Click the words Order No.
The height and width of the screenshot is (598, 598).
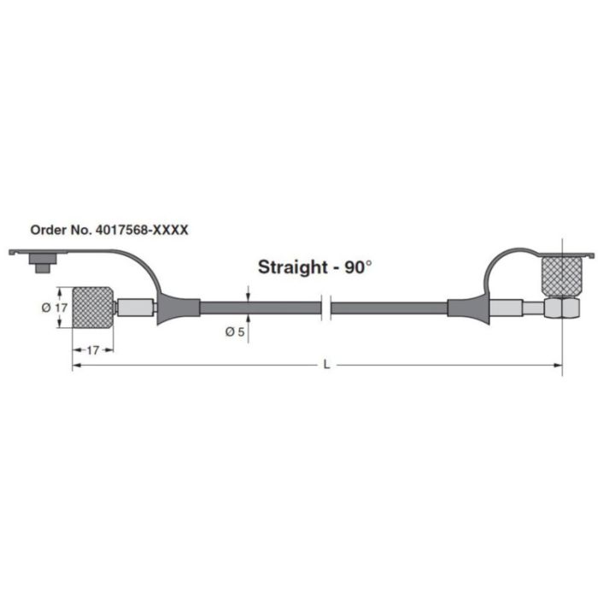(59, 230)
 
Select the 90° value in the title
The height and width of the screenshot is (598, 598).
(358, 267)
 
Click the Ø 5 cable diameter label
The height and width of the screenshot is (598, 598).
(236, 331)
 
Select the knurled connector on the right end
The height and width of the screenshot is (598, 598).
(560, 277)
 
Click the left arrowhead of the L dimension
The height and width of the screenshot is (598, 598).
(75, 365)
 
